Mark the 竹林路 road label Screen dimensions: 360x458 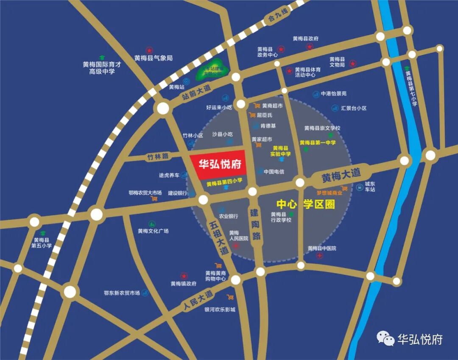pos(158,156)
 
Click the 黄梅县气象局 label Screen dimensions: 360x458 pos(154,58)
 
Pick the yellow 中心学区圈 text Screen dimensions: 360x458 pos(305,204)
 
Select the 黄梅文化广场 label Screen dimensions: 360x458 pos(153,231)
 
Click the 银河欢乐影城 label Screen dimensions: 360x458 pos(219,310)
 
